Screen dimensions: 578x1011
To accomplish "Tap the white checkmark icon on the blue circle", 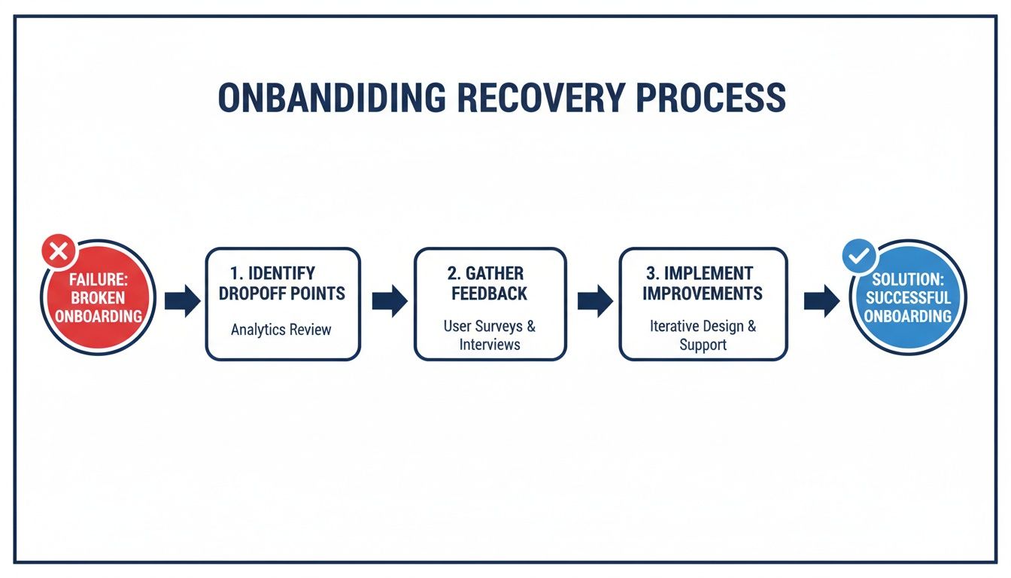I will (859, 257).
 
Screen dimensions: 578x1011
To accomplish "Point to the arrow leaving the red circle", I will (182, 301).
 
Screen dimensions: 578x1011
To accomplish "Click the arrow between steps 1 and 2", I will (389, 301).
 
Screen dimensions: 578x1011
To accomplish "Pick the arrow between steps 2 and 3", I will (595, 301).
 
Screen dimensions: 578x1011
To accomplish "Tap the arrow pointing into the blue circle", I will (821, 301).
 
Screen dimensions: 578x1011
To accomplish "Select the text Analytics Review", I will (281, 330).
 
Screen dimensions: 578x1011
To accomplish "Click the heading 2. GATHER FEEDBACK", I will (490, 283).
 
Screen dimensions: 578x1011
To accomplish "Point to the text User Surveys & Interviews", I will (490, 336).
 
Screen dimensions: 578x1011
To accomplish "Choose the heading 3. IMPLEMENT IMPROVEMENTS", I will (703, 283).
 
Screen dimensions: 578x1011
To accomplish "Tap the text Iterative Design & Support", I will (703, 336).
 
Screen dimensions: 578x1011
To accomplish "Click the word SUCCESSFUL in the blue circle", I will (907, 297).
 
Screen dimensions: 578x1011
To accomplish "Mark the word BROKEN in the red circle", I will (98, 297).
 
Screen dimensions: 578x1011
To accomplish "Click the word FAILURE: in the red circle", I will (98, 279).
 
